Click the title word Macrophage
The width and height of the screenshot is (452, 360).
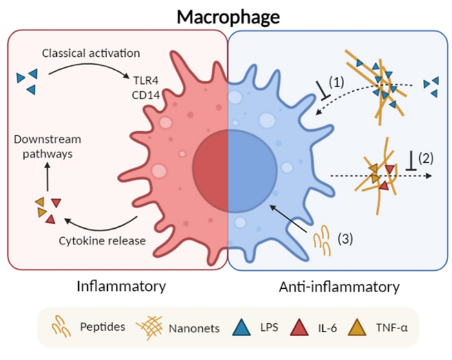pyautogui.click(x=227, y=15)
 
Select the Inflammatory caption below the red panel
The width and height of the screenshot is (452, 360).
pyautogui.click(x=121, y=286)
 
